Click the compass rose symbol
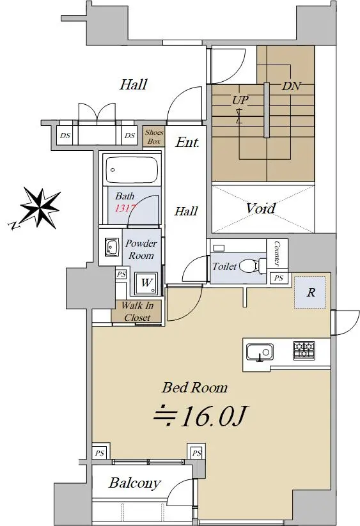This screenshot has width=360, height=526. pyautogui.click(x=40, y=208)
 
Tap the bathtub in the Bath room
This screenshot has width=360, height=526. pyautogui.click(x=132, y=169)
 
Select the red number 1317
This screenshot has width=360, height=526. pyautogui.click(x=125, y=208)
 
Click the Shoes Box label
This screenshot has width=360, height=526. pyautogui.click(x=154, y=137)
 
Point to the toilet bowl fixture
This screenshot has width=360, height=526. pyautogui.click(x=253, y=266)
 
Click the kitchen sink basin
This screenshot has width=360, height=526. pyautogui.click(x=260, y=352)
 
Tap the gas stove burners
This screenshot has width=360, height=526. pyautogui.click(x=304, y=350)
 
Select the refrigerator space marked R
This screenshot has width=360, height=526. pyautogui.click(x=310, y=292)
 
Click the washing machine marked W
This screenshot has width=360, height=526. pyautogui.click(x=146, y=283)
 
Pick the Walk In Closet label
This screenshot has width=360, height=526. pyautogui.click(x=137, y=311)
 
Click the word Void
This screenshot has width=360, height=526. pyautogui.click(x=261, y=208)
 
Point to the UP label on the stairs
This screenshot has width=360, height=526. pyautogui.click(x=240, y=100)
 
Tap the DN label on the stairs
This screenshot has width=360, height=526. pyautogui.click(x=291, y=86)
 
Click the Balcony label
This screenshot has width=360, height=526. pyautogui.click(x=134, y=483)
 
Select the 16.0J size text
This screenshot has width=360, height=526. pyautogui.click(x=201, y=415)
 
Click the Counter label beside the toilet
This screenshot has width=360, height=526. pyautogui.click(x=277, y=253)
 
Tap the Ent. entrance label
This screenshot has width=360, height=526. pyautogui.click(x=187, y=143)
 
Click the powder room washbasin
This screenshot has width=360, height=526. pyautogui.click(x=111, y=247)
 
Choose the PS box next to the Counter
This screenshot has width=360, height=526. pyautogui.click(x=278, y=278)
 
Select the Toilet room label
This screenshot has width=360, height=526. pyautogui.click(x=224, y=267)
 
